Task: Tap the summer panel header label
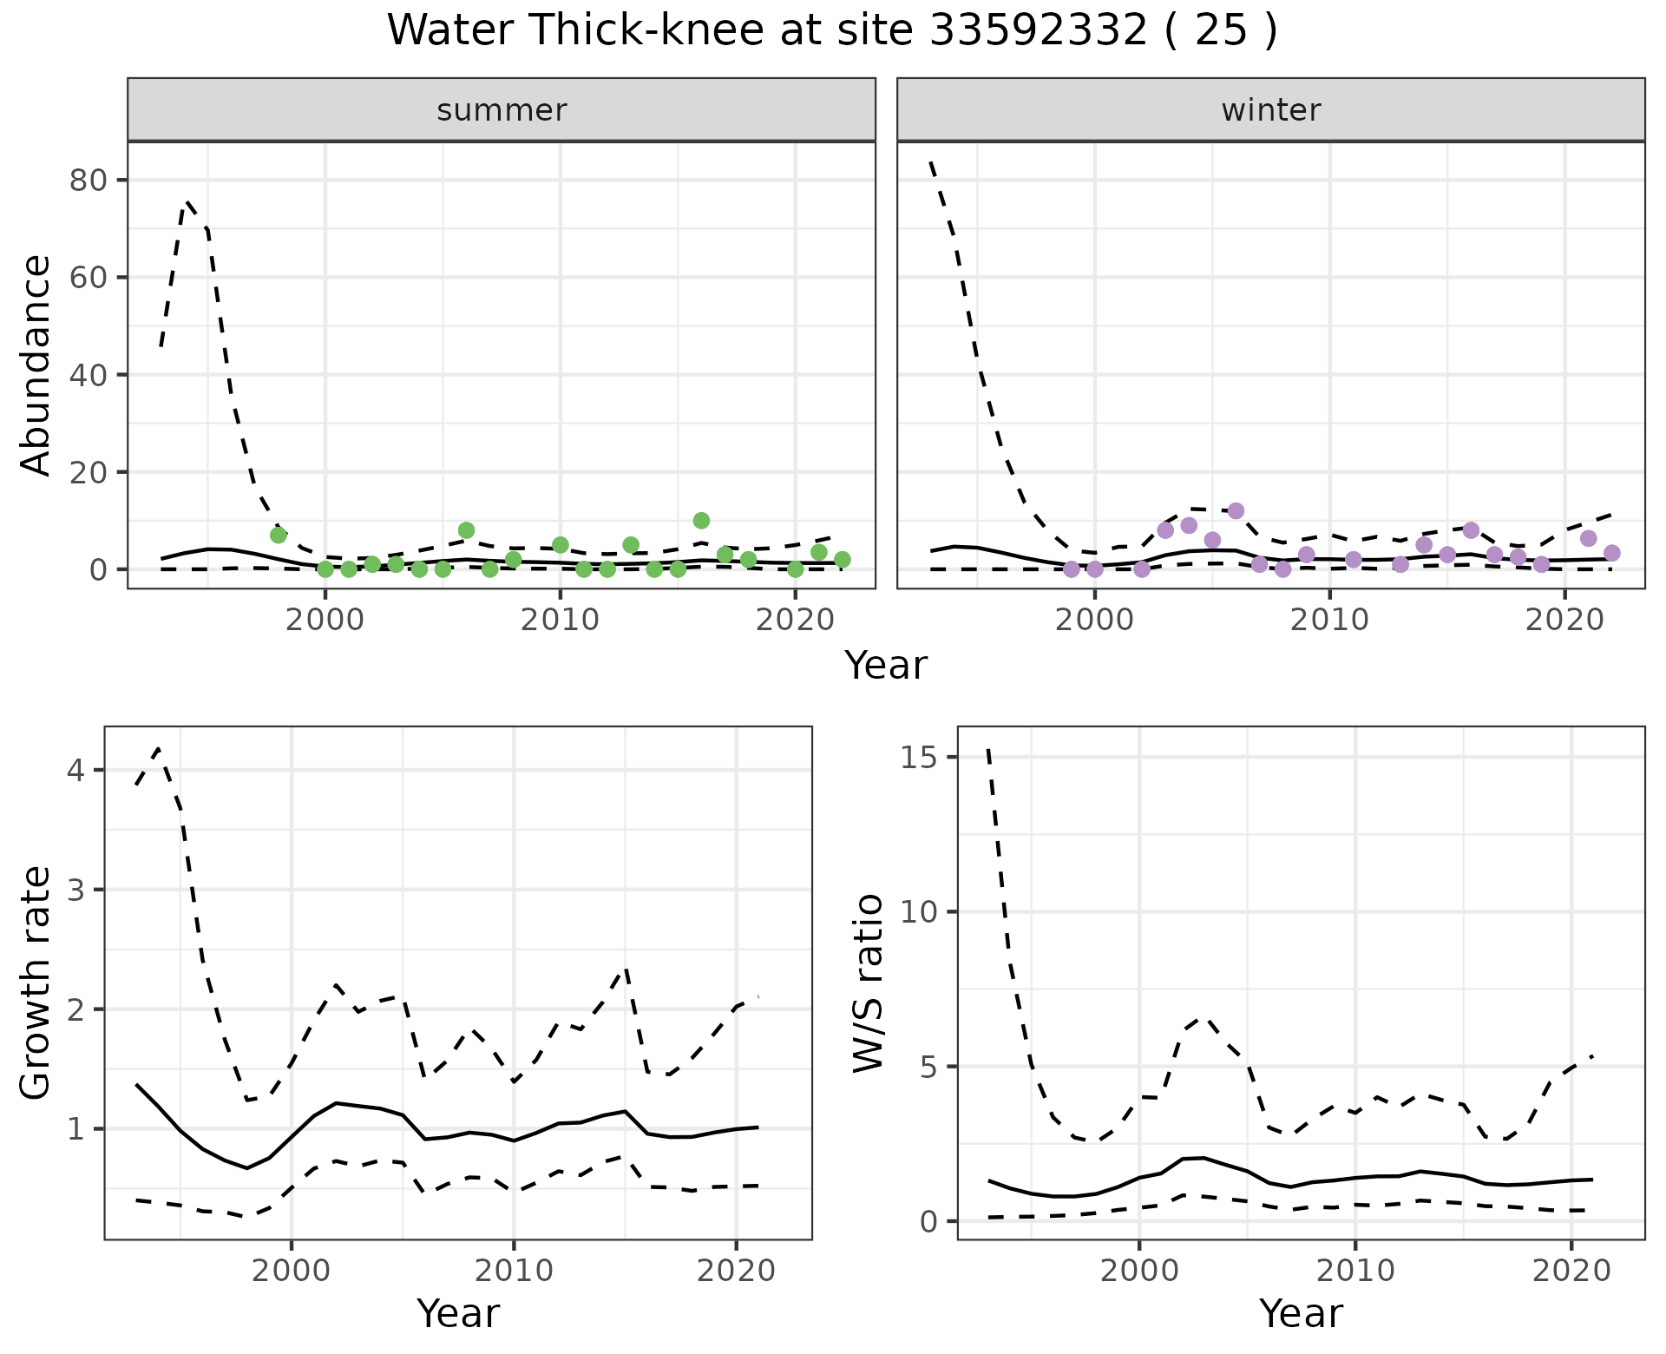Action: (502, 110)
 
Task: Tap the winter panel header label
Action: (1270, 110)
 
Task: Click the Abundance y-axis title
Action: (36, 365)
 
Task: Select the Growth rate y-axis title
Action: (36, 983)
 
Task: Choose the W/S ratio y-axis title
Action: (868, 983)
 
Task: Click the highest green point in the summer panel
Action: (701, 521)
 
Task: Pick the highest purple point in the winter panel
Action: (1236, 510)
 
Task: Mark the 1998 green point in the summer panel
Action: (279, 535)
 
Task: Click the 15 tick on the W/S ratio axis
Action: (924, 757)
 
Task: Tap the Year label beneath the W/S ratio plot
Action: (1301, 1314)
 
